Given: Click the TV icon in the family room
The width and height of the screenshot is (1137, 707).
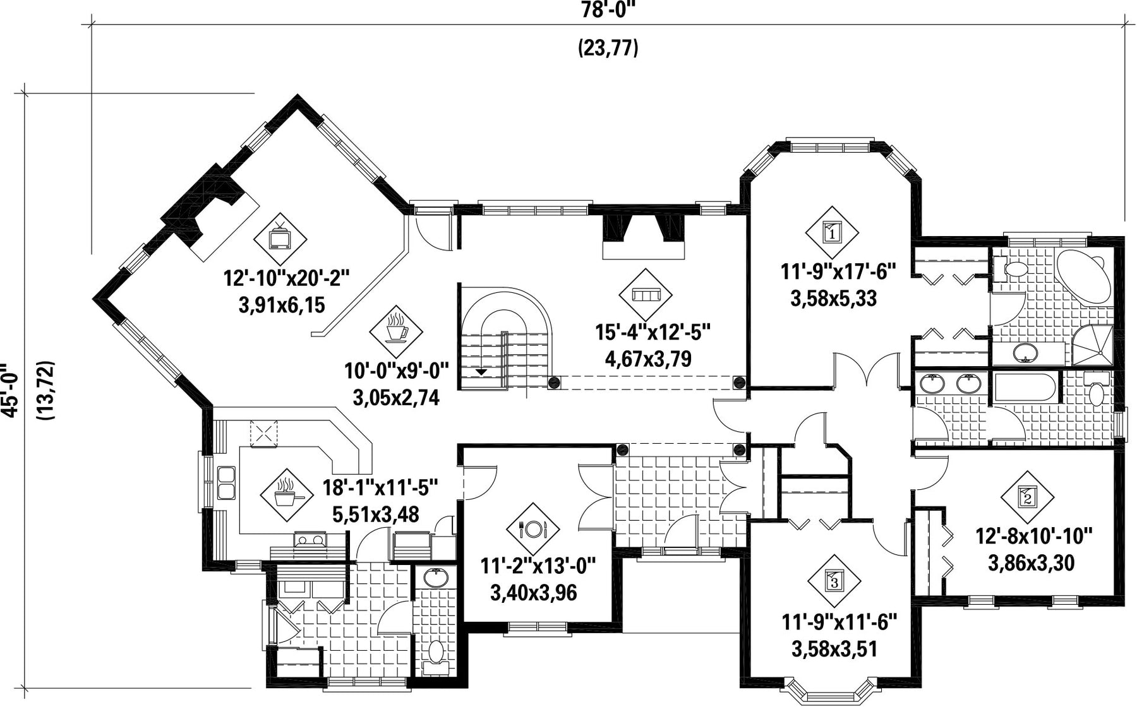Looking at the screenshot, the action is [x=280, y=239].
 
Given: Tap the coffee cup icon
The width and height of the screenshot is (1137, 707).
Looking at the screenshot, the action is [x=396, y=331].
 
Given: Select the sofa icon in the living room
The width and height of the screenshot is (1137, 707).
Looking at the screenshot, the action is [x=645, y=295].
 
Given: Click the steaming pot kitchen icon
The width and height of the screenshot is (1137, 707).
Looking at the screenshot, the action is [x=286, y=495].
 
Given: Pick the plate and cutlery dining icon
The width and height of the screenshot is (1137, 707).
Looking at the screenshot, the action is [x=533, y=528].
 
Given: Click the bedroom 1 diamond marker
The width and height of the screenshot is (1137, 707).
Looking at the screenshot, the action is [x=832, y=232].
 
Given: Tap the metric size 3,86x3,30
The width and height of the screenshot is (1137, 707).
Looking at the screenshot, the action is [x=1031, y=562].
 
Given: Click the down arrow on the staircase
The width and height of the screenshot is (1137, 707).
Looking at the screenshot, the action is [x=482, y=372].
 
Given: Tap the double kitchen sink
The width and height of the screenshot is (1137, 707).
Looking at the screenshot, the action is [x=226, y=483].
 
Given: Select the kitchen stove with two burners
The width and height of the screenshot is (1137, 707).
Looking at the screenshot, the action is [x=310, y=539].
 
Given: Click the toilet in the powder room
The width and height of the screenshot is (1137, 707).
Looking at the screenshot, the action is [x=436, y=651].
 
